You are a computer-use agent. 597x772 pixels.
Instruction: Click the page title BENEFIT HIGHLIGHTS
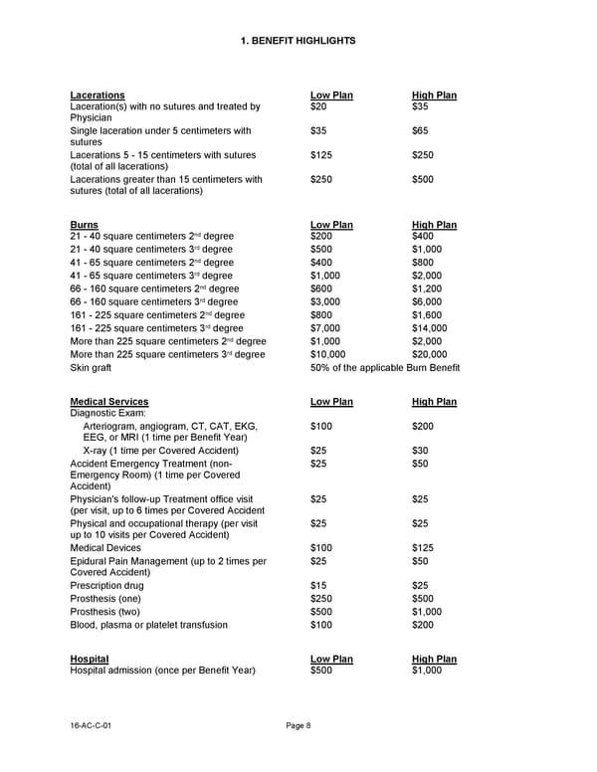298,41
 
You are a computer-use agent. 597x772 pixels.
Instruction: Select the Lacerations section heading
98,96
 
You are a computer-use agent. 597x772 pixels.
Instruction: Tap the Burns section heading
85,225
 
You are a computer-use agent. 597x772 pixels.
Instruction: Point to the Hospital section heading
90,659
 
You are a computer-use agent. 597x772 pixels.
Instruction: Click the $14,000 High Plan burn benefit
429,327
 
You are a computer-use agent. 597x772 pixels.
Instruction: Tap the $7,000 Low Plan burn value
327,327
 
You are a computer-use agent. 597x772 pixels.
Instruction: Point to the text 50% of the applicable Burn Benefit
385,368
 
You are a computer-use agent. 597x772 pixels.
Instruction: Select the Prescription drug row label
106,585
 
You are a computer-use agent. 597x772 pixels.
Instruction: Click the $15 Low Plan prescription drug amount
318,585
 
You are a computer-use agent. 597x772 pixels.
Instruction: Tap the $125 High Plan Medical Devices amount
423,546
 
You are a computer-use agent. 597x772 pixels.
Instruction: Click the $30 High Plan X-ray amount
420,450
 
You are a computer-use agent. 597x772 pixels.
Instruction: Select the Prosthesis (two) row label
105,612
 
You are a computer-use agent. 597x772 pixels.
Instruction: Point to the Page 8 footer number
298,725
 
